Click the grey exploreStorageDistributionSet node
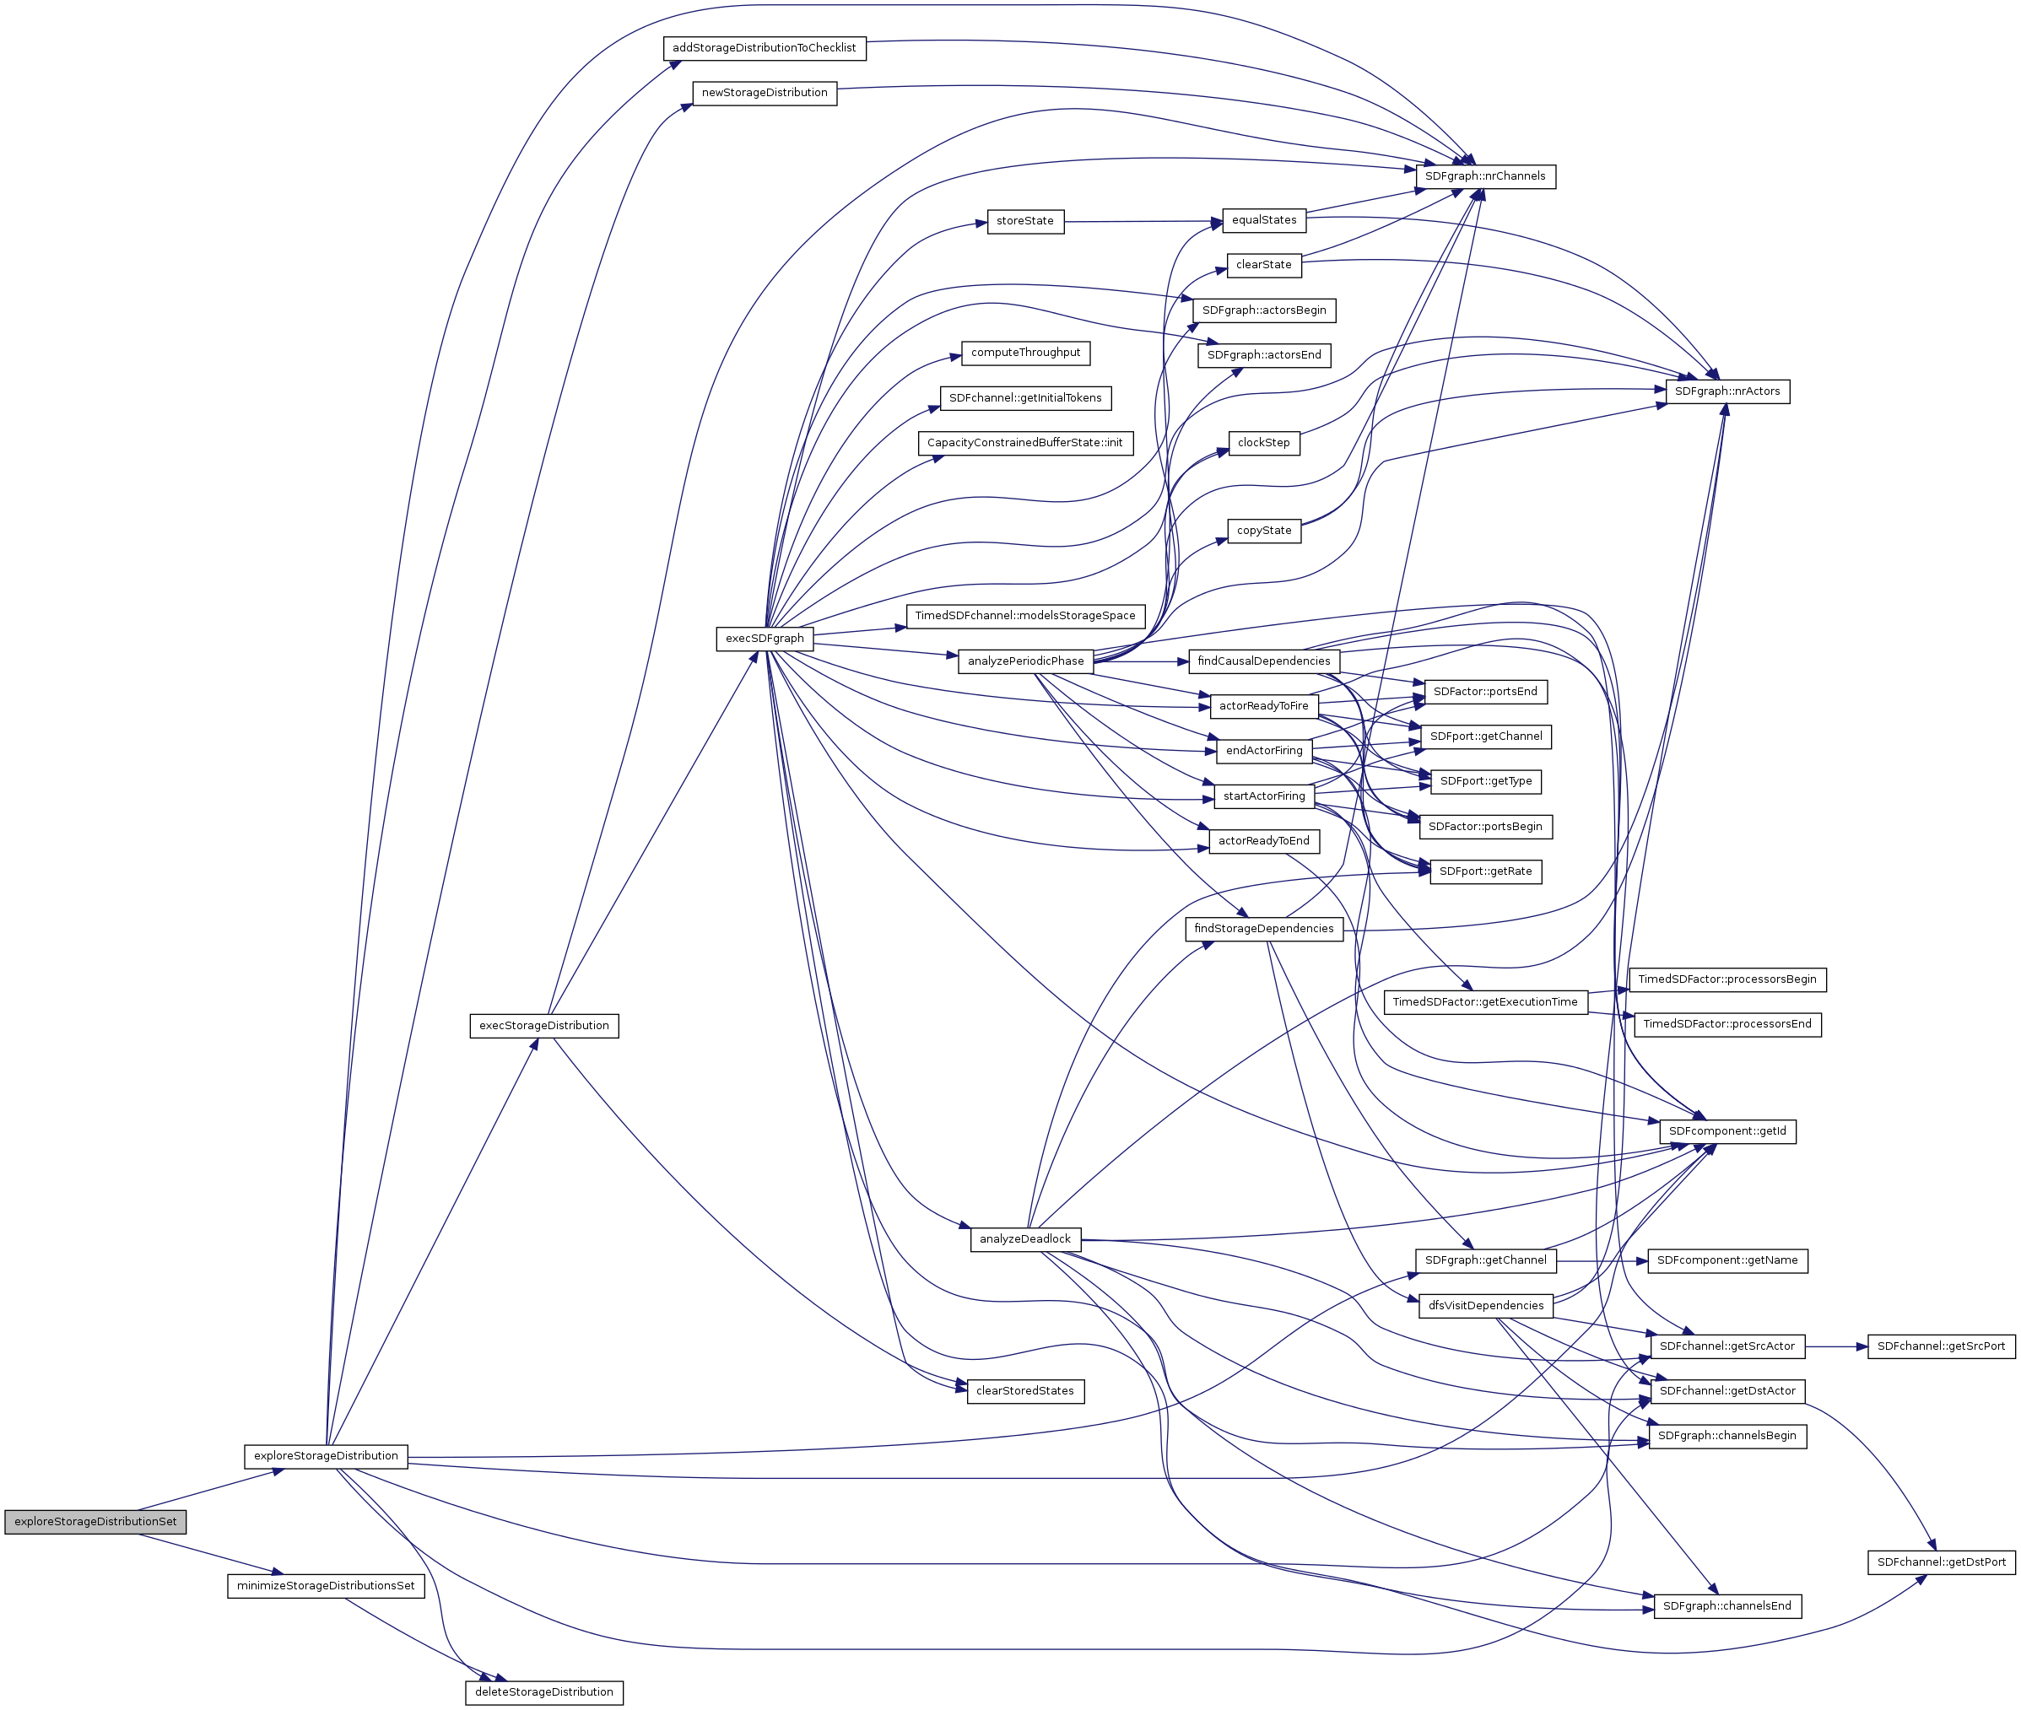pyautogui.click(x=95, y=1521)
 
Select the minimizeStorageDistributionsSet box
pyautogui.click(x=326, y=1586)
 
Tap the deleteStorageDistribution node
pyautogui.click(x=544, y=1691)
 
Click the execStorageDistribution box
pyautogui.click(x=544, y=1026)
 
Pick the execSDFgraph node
pyautogui.click(x=765, y=639)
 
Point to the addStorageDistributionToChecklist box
pyautogui.click(x=765, y=47)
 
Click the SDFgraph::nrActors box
pyautogui.click(x=1727, y=391)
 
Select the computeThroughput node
pyautogui.click(x=1025, y=353)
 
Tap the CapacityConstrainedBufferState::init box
pyautogui.click(x=1024, y=443)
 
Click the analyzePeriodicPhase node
pyautogui.click(x=1025, y=661)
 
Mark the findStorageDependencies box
pyautogui.click(x=1263, y=929)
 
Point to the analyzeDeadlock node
pyautogui.click(x=1025, y=1239)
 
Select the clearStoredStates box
pyautogui.click(x=1025, y=1391)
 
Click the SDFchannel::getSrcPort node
pyautogui.click(x=1941, y=1346)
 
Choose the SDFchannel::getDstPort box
pyautogui.click(x=1941, y=1562)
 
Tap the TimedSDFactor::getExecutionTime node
pyautogui.click(x=1484, y=1002)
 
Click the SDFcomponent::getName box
pyautogui.click(x=1727, y=1260)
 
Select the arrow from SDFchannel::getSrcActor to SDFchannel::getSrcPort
pyautogui.click(x=1835, y=1346)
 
